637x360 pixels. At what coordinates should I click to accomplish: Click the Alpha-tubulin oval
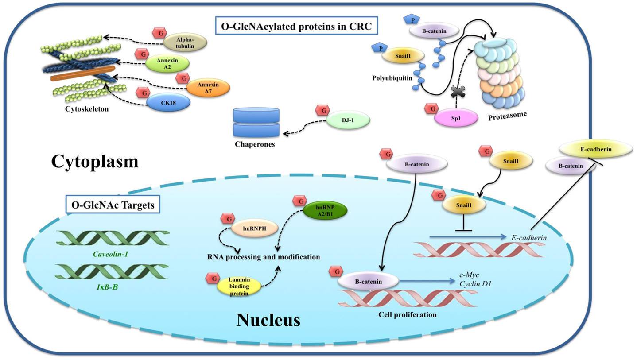(185, 42)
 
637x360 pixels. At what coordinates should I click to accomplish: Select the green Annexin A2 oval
(167, 64)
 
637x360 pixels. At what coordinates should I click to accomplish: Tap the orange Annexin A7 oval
(208, 88)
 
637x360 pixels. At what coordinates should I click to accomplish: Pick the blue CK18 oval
(168, 103)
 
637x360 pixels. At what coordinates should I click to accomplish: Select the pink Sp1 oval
(456, 118)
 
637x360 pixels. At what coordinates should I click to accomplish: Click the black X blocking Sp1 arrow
(456, 92)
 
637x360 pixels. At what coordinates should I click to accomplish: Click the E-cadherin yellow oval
(596, 149)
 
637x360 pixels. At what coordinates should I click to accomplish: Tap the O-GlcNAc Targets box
(113, 205)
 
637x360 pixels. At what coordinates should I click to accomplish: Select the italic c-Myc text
(469, 275)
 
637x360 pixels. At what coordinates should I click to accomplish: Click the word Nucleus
(268, 320)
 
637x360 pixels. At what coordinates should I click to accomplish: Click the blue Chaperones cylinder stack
(256, 123)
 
